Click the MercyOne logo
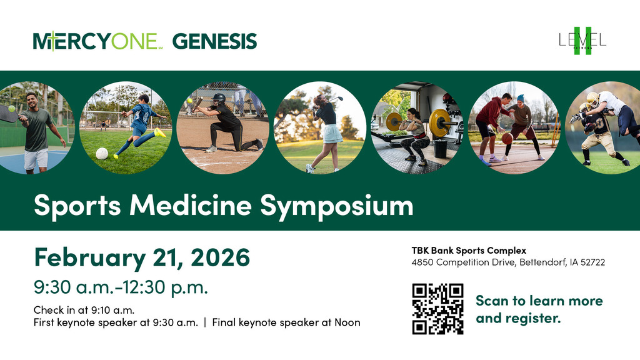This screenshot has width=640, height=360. point(96,41)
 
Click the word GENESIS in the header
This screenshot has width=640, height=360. point(214,41)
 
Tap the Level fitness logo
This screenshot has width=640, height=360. point(582,41)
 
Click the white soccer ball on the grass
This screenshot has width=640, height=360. point(101,153)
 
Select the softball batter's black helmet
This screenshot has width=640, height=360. point(218,99)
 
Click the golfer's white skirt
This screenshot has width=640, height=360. point(332,133)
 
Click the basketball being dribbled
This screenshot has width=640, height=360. point(507,138)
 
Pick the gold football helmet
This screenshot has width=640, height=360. point(592,98)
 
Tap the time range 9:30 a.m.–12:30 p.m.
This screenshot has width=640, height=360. point(121,288)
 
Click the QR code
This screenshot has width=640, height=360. point(437,309)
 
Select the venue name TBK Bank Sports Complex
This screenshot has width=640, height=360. point(469,251)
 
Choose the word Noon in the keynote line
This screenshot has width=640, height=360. point(348,322)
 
